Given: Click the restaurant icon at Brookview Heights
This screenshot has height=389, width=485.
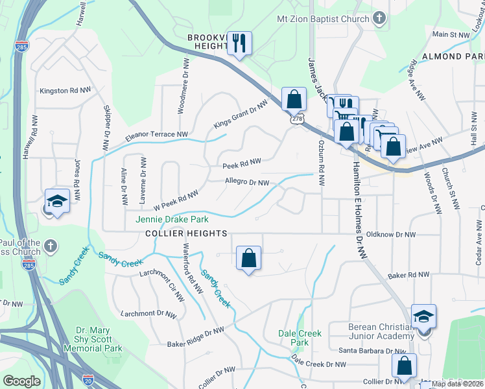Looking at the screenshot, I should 239,43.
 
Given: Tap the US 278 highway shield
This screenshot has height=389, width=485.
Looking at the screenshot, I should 296,120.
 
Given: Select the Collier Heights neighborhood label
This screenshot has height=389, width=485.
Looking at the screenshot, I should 186,233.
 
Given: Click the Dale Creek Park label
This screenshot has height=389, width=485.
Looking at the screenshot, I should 299,338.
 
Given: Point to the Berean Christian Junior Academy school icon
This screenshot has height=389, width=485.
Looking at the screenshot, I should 423,316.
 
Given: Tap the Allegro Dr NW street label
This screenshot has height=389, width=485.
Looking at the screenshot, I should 246,183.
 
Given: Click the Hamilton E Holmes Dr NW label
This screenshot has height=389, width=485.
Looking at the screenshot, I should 359,211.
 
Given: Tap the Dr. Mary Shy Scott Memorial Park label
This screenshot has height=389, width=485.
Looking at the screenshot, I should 93,338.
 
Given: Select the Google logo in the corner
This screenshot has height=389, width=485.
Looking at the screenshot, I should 22,381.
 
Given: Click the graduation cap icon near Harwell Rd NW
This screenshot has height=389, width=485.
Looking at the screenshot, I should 57,200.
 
